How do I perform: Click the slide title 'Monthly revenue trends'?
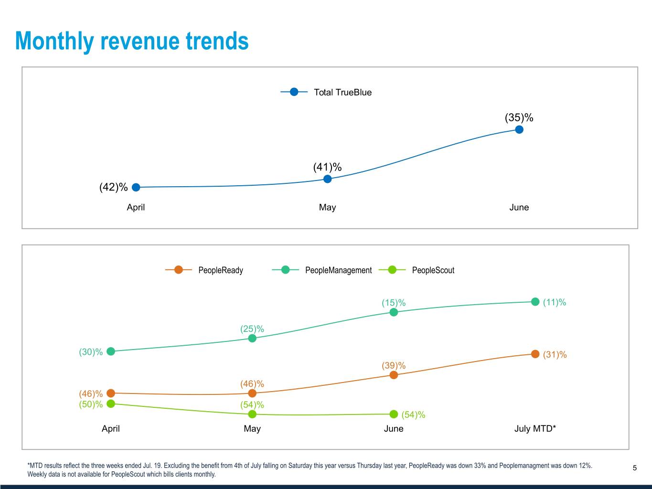pyautogui.click(x=132, y=41)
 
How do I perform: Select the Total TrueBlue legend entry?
pyautogui.click(x=326, y=92)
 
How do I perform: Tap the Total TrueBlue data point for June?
pyautogui.click(x=519, y=129)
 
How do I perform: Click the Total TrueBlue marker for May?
pyautogui.click(x=328, y=179)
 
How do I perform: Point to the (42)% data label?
pyautogui.click(x=113, y=187)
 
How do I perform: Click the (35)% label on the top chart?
pyautogui.click(x=519, y=117)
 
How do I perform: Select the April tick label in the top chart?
pyautogui.click(x=136, y=207)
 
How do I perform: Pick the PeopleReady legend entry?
pyautogui.click(x=204, y=270)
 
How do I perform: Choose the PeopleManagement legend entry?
pyautogui.click(x=322, y=270)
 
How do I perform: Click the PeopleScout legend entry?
pyautogui.click(x=417, y=270)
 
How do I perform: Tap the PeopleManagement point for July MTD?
pyautogui.click(x=535, y=301)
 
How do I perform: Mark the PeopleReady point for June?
pyautogui.click(x=394, y=375)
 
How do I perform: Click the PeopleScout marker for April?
pyautogui.click(x=111, y=404)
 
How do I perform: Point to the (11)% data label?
pyautogui.click(x=555, y=302)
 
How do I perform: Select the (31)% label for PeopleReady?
pyautogui.click(x=555, y=355)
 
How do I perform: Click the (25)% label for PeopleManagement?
pyautogui.click(x=252, y=329)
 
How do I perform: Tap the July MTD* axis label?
pyautogui.click(x=535, y=428)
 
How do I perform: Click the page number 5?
pyautogui.click(x=635, y=468)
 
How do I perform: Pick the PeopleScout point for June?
pyautogui.click(x=394, y=414)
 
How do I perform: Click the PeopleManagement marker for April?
pyautogui.click(x=111, y=351)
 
